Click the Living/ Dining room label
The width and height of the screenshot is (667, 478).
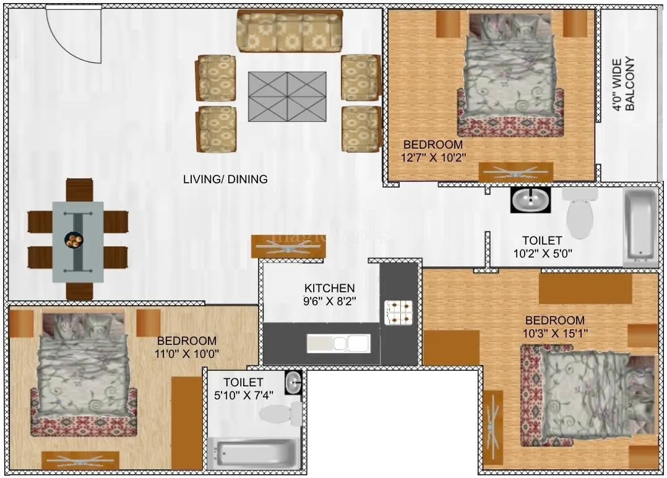[x=225, y=180]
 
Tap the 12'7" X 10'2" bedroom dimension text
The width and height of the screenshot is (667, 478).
[x=432, y=158]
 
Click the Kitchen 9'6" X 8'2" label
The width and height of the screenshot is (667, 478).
[x=330, y=294]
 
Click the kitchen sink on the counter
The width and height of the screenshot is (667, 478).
[x=338, y=343]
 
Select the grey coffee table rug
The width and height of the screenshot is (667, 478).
[x=287, y=96]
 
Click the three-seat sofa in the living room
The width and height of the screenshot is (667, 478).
[x=290, y=31]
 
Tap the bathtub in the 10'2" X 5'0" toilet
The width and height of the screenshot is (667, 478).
[x=640, y=226]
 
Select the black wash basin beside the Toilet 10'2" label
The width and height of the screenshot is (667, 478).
[x=530, y=200]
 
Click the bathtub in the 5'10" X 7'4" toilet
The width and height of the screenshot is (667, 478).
[x=254, y=454]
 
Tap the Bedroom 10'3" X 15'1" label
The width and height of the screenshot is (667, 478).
[x=554, y=326]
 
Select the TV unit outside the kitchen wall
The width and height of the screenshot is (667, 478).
[x=288, y=246]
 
